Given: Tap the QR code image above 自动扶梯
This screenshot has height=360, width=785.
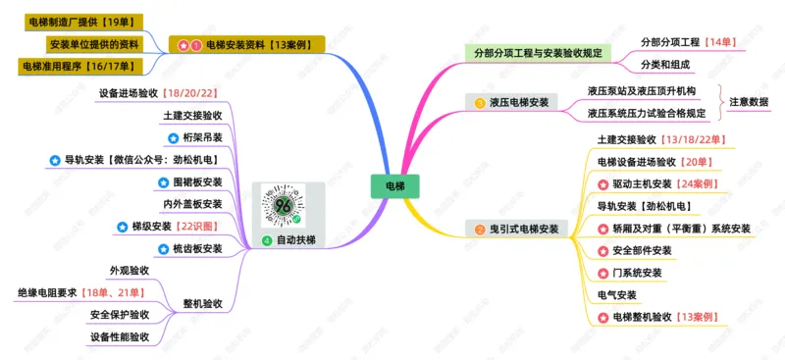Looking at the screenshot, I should pyautogui.click(x=284, y=205).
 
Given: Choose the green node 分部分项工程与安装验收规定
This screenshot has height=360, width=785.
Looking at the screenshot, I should pyautogui.click(x=538, y=52).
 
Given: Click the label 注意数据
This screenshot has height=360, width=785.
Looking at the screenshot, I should pyautogui.click(x=749, y=102).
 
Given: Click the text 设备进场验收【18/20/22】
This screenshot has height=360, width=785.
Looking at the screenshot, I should pyautogui.click(x=158, y=93).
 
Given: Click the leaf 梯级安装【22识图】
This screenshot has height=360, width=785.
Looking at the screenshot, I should pyautogui.click(x=170, y=227).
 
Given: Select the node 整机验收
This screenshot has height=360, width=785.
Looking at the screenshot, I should pyautogui.click(x=202, y=303).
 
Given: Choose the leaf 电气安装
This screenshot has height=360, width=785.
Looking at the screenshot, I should pyautogui.click(x=617, y=294).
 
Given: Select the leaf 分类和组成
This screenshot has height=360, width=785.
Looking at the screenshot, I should pyautogui.click(x=665, y=65).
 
